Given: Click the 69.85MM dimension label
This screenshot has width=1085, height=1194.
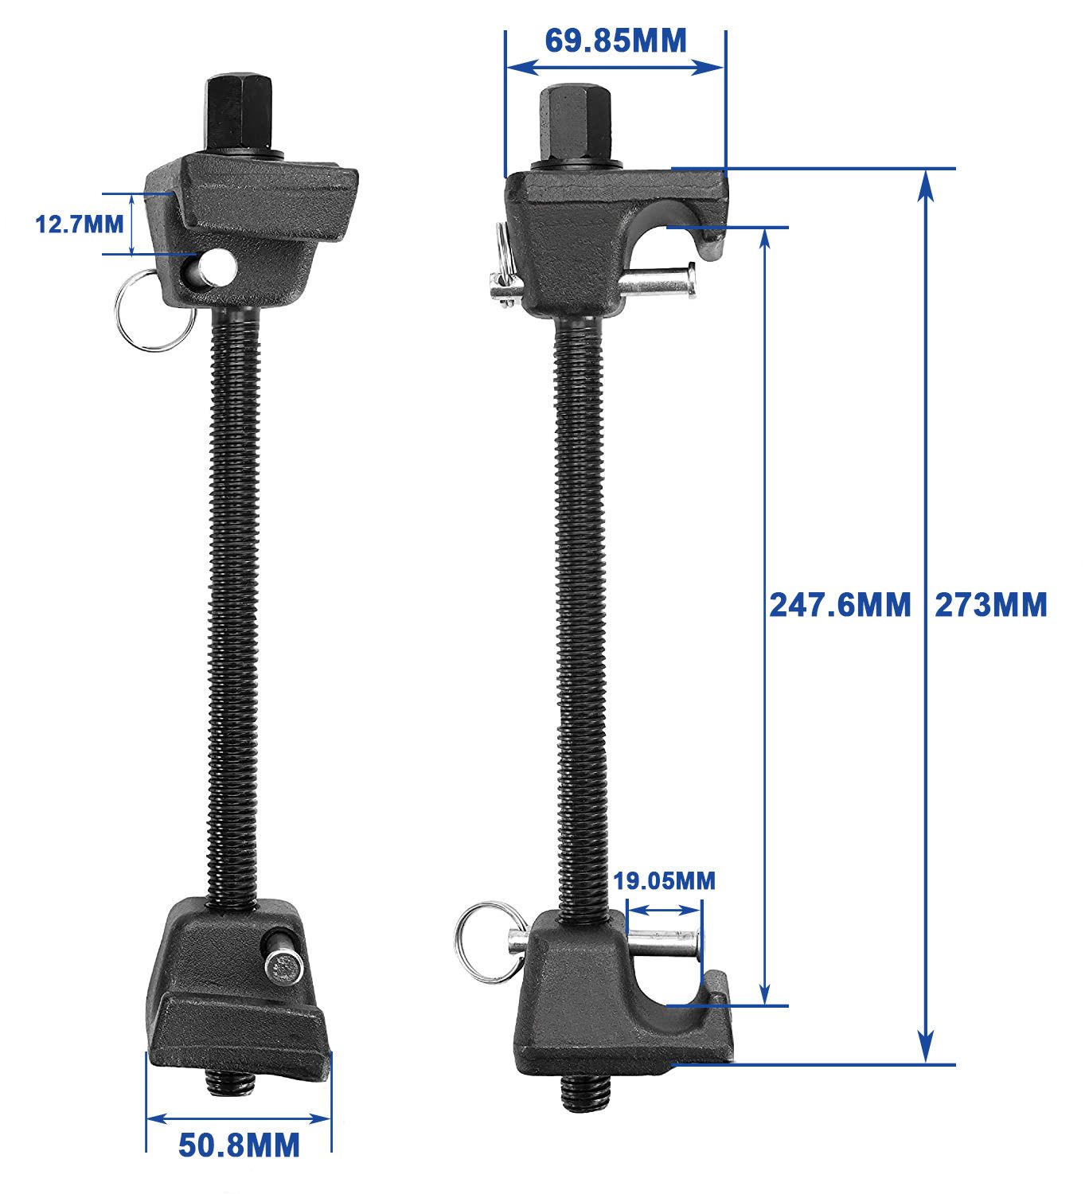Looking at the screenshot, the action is [615, 41].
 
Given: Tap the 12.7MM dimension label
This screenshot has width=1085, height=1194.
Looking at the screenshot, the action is [79, 224].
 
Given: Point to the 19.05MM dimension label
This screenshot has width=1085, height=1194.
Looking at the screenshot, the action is [664, 881].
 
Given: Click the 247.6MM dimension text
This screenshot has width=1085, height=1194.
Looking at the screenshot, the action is [840, 605].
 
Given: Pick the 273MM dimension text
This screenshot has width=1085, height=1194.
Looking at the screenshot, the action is [990, 605].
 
